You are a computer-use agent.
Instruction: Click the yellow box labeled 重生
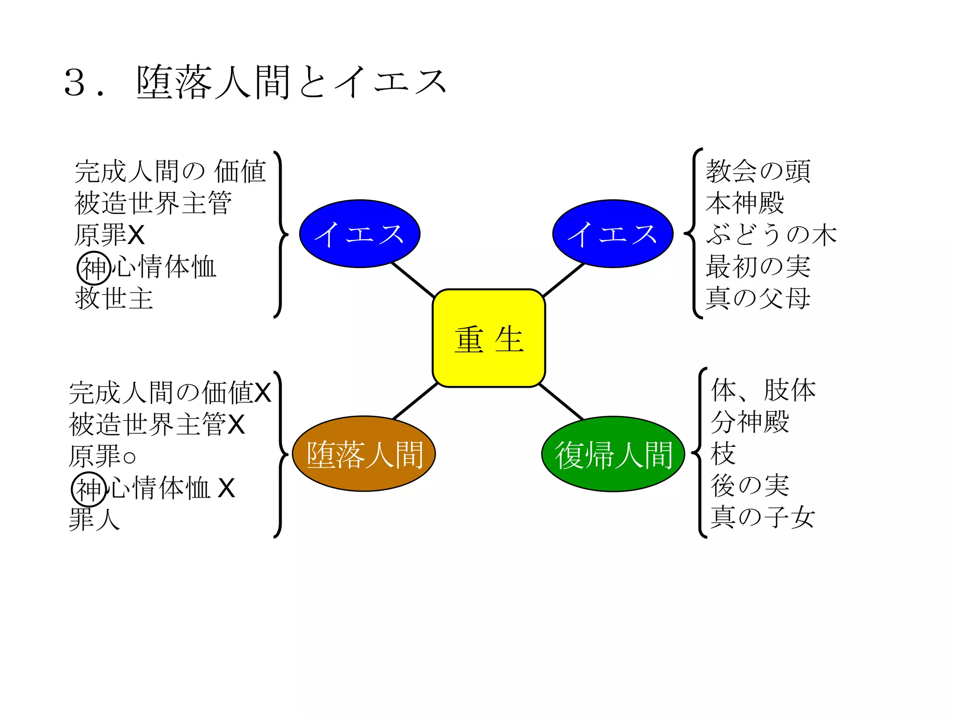489,338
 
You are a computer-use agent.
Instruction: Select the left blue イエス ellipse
360,234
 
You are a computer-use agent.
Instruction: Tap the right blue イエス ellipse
613,234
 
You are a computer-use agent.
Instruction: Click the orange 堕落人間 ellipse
364,454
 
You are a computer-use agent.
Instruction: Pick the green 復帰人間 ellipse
613,454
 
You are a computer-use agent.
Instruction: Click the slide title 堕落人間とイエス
291,82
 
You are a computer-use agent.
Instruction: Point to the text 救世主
114,298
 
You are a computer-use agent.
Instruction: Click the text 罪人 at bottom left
94,519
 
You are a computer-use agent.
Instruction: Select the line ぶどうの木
771,234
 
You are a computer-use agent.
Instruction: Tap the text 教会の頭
758,171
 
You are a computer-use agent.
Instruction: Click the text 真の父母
758,298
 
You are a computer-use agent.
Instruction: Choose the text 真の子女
763,517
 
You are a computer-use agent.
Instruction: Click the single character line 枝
723,454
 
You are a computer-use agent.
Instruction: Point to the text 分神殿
750,422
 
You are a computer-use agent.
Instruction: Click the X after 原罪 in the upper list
136,235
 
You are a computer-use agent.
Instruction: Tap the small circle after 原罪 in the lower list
129,457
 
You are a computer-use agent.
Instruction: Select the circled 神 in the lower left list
88,489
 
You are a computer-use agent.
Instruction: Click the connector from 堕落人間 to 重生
415,401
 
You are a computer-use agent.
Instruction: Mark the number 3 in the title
75,83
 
